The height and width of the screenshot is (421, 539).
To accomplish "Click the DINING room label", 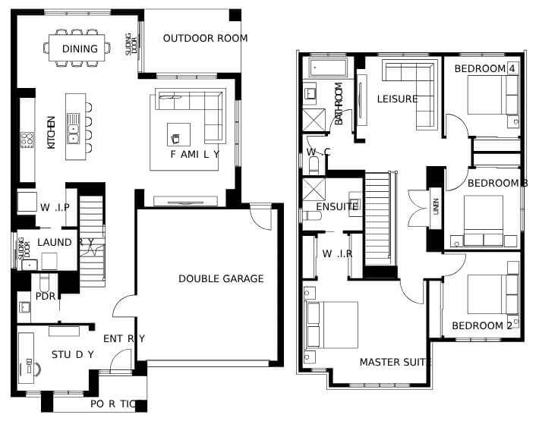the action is click(x=80, y=49).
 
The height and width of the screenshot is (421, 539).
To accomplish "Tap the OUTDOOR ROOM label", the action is click(x=205, y=38).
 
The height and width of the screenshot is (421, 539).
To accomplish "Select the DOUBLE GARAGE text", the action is click(x=221, y=278).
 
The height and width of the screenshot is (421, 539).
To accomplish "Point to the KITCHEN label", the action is click(x=51, y=133).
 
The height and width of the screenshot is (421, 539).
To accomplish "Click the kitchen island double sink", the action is click(x=73, y=128).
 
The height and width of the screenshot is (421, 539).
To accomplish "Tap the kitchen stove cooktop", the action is click(x=27, y=140).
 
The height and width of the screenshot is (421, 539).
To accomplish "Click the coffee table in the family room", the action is click(x=178, y=134).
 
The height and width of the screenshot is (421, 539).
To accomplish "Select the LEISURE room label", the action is click(x=397, y=99).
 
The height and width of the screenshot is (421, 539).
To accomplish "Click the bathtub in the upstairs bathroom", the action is click(x=328, y=68).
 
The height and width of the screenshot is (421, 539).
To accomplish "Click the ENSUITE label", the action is click(x=337, y=206).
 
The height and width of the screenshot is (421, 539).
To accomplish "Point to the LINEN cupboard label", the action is click(x=436, y=206).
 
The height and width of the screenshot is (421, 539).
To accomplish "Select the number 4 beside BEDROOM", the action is click(x=512, y=69).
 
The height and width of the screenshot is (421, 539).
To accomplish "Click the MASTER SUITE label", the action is click(x=396, y=362).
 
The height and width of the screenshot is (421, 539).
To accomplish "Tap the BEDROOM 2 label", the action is click(x=482, y=325).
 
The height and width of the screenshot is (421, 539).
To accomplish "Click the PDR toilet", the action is click(x=45, y=282).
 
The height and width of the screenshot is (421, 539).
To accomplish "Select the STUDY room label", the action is click(x=73, y=354).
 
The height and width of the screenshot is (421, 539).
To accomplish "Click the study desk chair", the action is click(x=34, y=369).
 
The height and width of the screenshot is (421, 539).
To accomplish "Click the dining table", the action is click(x=77, y=48).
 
